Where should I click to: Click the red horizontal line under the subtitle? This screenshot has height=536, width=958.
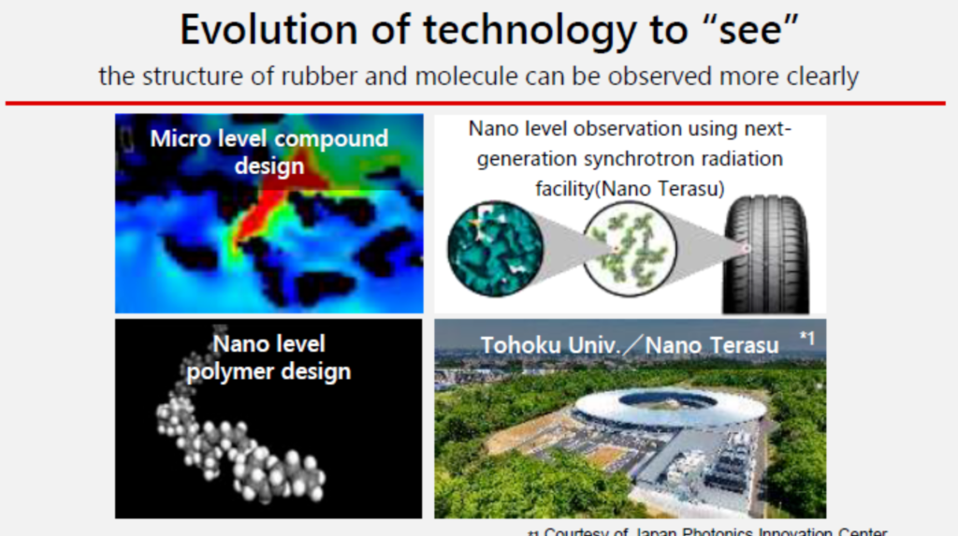pyautogui.click(x=479, y=102)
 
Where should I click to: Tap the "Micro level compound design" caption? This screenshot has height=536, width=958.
pyautogui.click(x=269, y=152)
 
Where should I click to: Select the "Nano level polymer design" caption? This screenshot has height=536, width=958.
pyautogui.click(x=269, y=357)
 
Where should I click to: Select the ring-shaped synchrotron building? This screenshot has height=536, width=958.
pyautogui.click(x=668, y=410)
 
